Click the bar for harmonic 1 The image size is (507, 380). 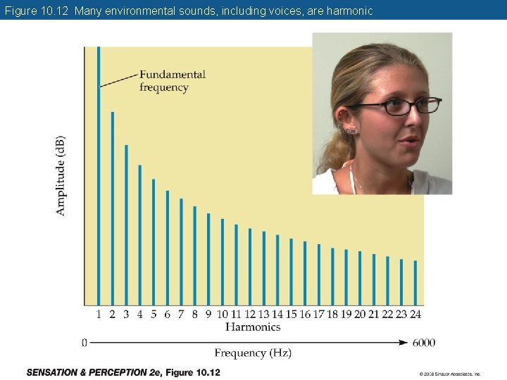(x=99, y=176)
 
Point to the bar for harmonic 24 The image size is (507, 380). (x=415, y=283)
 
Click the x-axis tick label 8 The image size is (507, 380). (x=195, y=315)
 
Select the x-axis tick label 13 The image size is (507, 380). (x=263, y=315)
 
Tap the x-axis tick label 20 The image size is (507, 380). (x=360, y=315)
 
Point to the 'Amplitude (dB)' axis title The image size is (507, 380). (x=61, y=176)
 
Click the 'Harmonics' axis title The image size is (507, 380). (x=253, y=327)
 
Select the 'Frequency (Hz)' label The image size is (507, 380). (x=253, y=353)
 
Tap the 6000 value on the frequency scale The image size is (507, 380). (x=423, y=343)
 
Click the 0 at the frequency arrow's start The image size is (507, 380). (x=84, y=343)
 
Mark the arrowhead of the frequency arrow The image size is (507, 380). (x=403, y=343)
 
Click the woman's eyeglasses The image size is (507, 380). (x=394, y=106)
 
